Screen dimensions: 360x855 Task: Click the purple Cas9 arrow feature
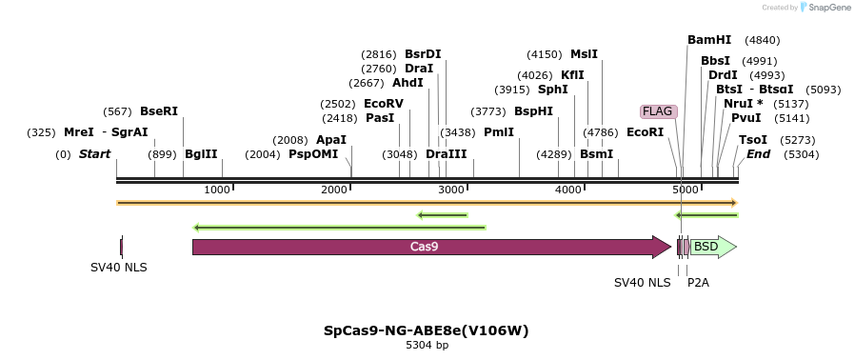tap(428, 247)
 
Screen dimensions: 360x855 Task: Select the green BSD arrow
tap(709, 247)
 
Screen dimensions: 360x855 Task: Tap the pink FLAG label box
tap(658, 111)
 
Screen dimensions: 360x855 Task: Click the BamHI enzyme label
tap(709, 40)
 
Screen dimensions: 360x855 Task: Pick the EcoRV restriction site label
tap(384, 104)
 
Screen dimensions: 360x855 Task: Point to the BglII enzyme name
tap(201, 154)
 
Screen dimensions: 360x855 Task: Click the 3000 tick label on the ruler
tap(452, 190)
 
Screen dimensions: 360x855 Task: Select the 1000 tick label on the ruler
tap(217, 190)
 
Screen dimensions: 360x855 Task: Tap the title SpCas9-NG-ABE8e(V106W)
tap(427, 330)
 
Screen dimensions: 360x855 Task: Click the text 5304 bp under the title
tap(427, 345)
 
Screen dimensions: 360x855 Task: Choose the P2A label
tap(698, 283)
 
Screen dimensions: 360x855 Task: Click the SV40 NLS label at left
tap(119, 268)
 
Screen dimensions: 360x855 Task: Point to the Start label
tap(94, 154)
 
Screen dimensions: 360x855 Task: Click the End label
tap(758, 154)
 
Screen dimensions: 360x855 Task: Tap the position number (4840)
tap(762, 40)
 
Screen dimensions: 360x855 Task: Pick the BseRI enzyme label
tap(159, 111)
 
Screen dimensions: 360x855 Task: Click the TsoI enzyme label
tap(752, 140)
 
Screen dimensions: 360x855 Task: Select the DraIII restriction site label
tap(446, 154)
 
